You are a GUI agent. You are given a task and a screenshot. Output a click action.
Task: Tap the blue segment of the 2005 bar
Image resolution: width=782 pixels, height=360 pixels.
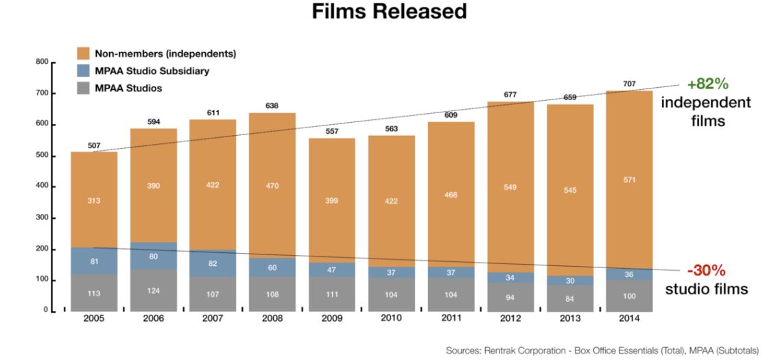(x=94, y=261)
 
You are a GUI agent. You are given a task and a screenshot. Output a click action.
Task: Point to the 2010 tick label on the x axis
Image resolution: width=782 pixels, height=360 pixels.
(x=391, y=319)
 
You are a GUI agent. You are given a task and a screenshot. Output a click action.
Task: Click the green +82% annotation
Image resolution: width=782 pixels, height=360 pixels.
(x=709, y=84)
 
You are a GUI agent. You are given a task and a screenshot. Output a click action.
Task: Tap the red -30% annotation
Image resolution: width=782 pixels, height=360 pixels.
(x=708, y=269)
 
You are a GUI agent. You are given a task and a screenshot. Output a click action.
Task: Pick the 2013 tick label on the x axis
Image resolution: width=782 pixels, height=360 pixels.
(x=569, y=319)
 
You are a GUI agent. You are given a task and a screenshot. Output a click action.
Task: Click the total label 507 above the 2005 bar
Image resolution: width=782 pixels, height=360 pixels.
(x=95, y=145)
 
